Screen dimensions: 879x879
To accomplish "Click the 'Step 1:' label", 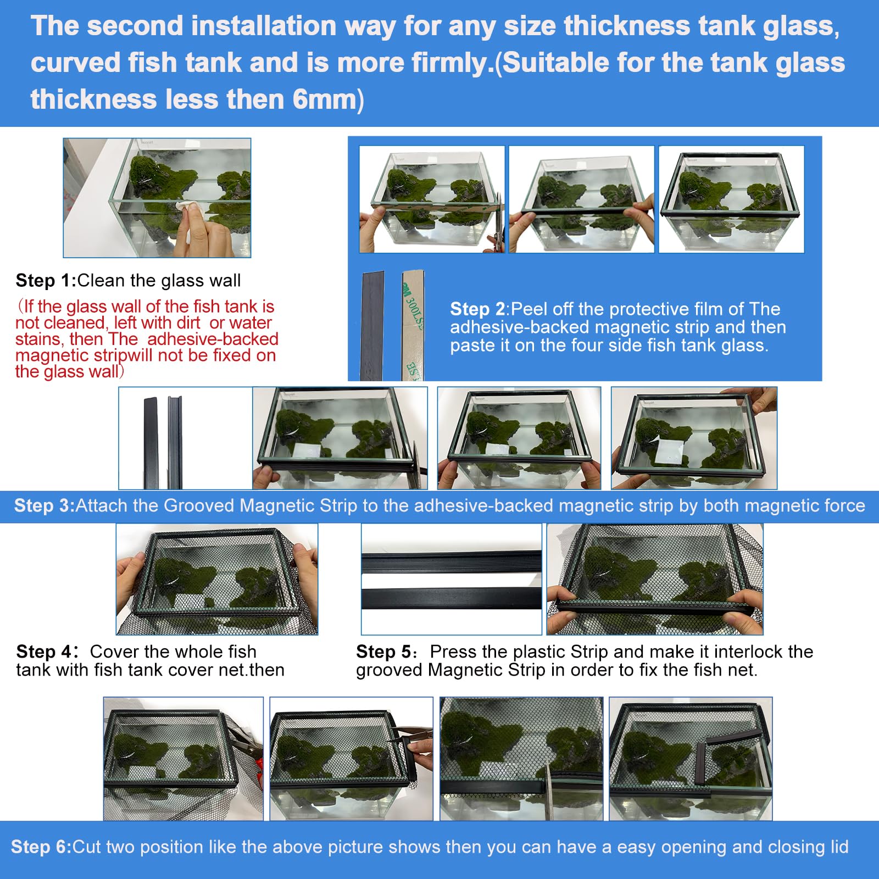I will pyautogui.click(x=46, y=281).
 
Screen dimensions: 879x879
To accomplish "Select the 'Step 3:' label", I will pyautogui.click(x=44, y=505).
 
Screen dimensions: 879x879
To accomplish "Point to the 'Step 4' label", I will pyautogui.click(x=44, y=652).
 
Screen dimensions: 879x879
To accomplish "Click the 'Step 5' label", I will pyautogui.click(x=384, y=652).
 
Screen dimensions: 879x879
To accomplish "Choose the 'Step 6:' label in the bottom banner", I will pyautogui.click(x=41, y=847).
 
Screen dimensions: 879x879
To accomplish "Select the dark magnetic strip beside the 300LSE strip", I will pyautogui.click(x=372, y=325).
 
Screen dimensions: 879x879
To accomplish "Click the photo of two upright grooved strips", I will pyautogui.click(x=185, y=438).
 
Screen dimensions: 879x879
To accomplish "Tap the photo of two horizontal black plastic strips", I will pyautogui.click(x=451, y=579).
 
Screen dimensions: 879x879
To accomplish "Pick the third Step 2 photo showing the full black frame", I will pyautogui.click(x=731, y=199).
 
